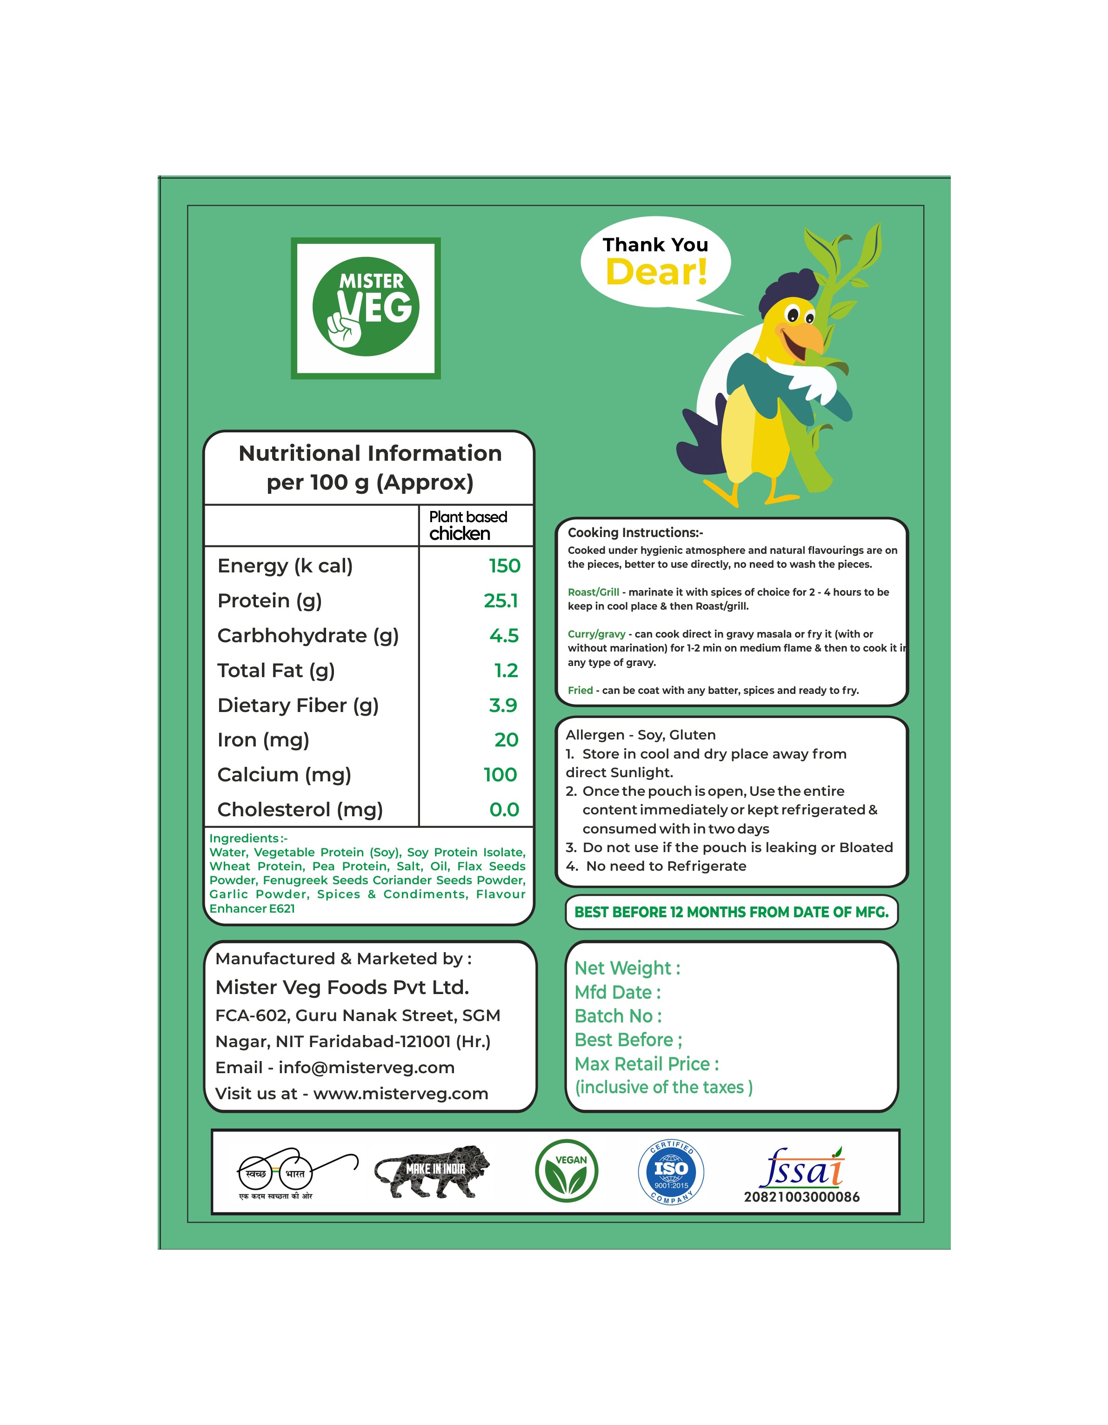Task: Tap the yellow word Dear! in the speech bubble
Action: click(656, 272)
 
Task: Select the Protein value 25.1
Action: click(501, 600)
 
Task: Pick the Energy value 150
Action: click(504, 566)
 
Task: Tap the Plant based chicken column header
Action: click(467, 525)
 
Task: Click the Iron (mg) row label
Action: click(263, 740)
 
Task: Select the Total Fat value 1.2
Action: click(506, 670)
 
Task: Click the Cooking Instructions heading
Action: click(634, 532)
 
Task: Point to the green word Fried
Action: click(580, 690)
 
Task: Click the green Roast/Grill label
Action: click(593, 592)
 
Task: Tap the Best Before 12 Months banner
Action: click(731, 912)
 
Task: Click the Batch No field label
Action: click(618, 1016)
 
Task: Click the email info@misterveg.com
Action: click(366, 1068)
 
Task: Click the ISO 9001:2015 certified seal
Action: click(670, 1172)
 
